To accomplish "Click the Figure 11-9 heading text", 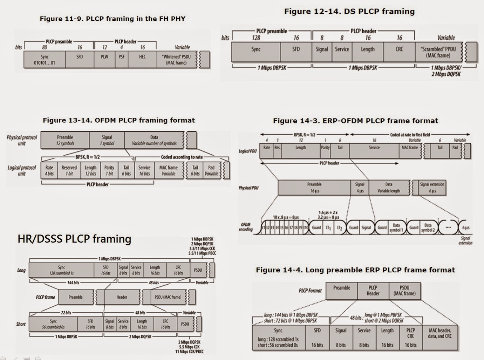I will click(x=112, y=19).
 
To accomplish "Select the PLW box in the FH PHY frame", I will click(x=104, y=60).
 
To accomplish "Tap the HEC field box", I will click(x=142, y=60).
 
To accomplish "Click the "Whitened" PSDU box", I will click(x=176, y=60).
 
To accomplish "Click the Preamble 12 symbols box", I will click(x=65, y=140).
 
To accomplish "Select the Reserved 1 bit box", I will click(x=69, y=171).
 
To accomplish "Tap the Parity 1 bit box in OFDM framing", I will click(x=109, y=171).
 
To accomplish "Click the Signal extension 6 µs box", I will click(x=432, y=188).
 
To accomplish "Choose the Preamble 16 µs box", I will click(x=314, y=188).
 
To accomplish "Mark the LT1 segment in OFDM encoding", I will click(x=328, y=227).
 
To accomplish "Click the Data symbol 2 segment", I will click(x=428, y=227).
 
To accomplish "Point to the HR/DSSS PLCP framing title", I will click(x=74, y=239).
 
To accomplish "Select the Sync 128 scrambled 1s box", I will click(x=61, y=270).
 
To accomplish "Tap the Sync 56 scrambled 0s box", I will click(x=53, y=324).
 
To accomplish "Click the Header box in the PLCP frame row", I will click(x=122, y=297).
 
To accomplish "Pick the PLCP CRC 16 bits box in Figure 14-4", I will click(x=410, y=338).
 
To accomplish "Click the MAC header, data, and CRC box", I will click(x=440, y=338).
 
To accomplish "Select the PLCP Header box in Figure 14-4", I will click(x=373, y=291).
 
